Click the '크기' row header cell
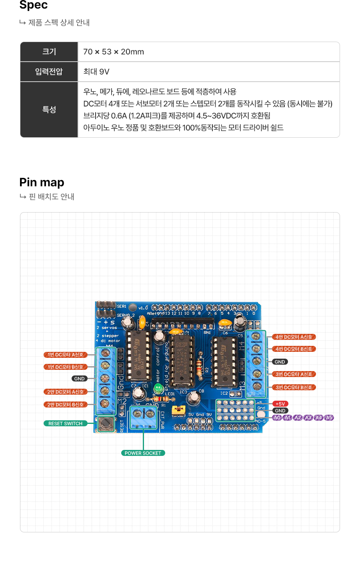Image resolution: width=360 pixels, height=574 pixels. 49,52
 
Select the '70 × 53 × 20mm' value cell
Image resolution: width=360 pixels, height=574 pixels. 114,52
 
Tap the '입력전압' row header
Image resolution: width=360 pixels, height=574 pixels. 49,72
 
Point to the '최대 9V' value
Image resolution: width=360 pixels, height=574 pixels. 96,72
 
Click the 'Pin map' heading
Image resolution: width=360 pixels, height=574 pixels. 42,183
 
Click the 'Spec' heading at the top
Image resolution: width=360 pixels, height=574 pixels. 34,5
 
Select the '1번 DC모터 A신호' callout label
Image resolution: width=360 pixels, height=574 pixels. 65,355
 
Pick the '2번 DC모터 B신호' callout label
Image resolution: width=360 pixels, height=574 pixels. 65,405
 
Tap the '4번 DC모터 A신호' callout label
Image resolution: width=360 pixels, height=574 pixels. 294,337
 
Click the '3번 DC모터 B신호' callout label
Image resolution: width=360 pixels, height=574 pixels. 294,387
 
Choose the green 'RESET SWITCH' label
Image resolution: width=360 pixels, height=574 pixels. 65,423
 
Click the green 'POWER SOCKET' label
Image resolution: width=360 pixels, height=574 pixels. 143,453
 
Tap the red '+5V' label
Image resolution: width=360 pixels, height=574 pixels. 280,404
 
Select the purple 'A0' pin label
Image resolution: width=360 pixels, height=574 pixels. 277,417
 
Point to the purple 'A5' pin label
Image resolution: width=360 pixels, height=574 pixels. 329,417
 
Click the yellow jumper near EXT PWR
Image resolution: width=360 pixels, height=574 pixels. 178,410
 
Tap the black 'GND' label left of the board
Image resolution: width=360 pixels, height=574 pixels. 79,379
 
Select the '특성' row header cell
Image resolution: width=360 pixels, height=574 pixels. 49,110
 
